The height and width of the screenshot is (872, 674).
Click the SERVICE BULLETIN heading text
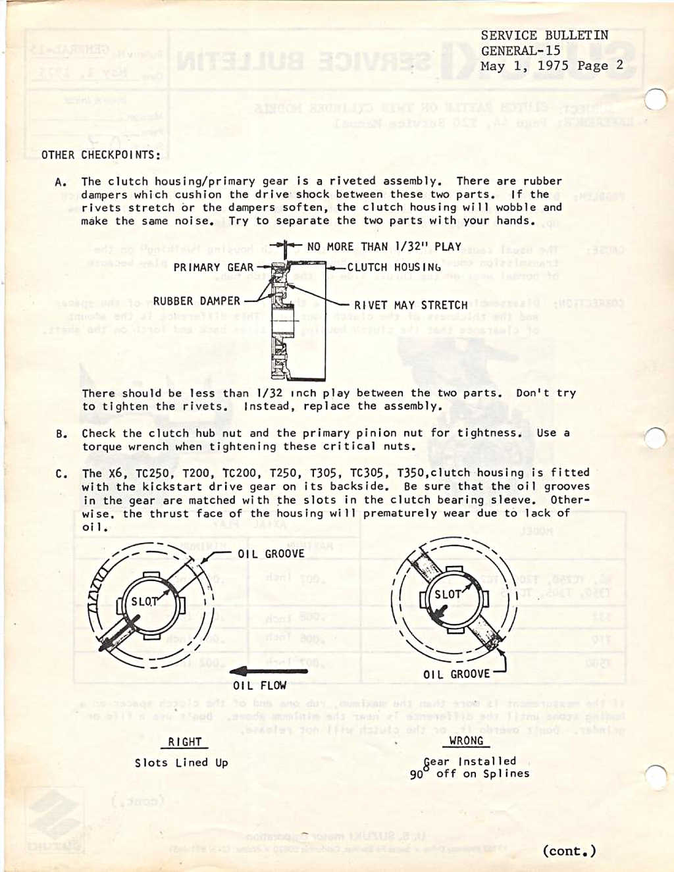coord(544,36)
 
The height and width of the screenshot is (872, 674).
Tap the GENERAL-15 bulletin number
coord(521,51)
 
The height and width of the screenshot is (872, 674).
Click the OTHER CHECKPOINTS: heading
coord(101,155)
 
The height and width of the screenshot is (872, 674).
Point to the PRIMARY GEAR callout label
coord(213,267)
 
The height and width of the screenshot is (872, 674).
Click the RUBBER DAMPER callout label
coord(196,301)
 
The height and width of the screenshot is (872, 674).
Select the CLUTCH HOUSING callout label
coord(394,267)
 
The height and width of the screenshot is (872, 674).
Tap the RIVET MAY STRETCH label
coord(411,305)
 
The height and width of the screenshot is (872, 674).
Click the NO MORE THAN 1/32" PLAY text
coord(384,247)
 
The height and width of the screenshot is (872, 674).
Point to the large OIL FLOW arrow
coord(268,671)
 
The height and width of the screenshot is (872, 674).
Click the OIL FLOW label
coord(259,686)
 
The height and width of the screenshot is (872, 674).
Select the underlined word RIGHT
coord(184,742)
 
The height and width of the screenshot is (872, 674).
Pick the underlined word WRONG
coord(466,741)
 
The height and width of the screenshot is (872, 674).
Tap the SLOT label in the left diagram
coord(145,602)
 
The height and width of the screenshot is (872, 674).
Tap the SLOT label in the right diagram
coord(448,594)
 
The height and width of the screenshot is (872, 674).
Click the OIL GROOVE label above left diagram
coord(271,554)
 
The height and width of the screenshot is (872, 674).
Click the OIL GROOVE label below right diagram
coord(456,675)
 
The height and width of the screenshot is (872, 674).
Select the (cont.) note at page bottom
coord(569,851)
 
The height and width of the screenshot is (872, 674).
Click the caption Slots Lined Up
coord(181,763)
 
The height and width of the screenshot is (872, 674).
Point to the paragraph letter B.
coord(61,434)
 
